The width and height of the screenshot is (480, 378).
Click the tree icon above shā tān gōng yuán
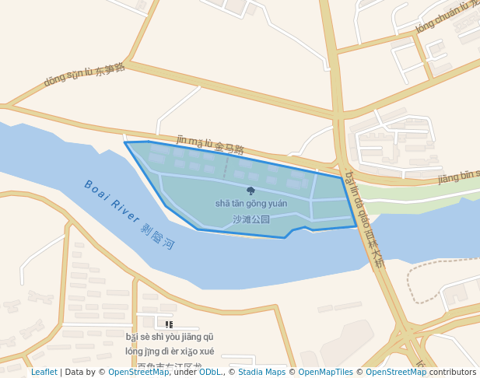(251, 191)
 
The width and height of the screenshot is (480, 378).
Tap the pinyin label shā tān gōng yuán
(251, 204)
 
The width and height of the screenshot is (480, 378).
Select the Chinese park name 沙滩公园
(251, 219)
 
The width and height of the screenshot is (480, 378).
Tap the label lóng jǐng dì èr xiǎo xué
(170, 351)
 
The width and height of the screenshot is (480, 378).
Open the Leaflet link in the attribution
(44, 372)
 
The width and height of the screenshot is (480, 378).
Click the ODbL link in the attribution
(210, 372)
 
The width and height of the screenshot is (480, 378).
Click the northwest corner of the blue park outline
(125, 142)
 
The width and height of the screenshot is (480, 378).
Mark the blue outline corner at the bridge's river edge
(356, 226)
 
